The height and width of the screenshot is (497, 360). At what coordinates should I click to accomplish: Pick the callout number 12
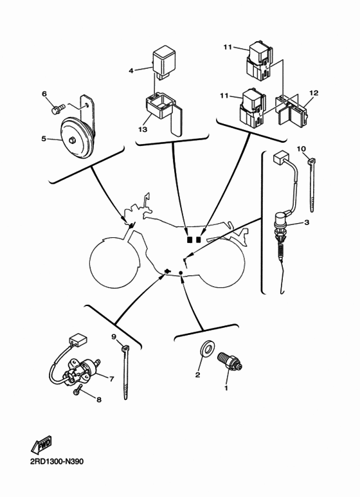314,93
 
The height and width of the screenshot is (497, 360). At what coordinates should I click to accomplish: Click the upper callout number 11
227,47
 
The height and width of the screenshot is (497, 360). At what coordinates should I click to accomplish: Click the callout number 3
307,222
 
